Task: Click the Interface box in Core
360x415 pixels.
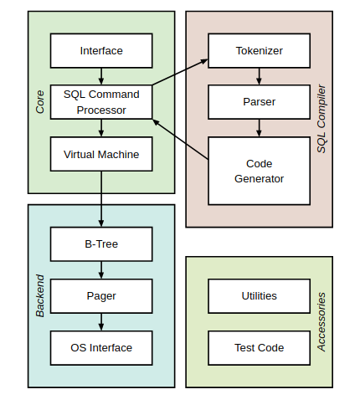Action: click(x=101, y=51)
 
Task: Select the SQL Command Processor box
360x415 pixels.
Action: click(x=101, y=102)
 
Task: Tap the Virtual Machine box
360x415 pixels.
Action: click(x=101, y=154)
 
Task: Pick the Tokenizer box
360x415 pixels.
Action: click(x=259, y=51)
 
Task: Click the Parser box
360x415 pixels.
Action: click(x=259, y=102)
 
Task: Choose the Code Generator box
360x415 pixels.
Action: click(x=259, y=171)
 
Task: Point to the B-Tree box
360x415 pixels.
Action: click(x=101, y=244)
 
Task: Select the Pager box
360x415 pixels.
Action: click(x=101, y=296)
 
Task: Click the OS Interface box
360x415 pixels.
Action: click(x=101, y=348)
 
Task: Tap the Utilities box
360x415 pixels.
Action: click(x=259, y=296)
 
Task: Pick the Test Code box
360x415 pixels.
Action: click(x=259, y=348)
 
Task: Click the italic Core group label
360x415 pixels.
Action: click(x=40, y=102)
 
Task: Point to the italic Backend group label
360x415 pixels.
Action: click(x=40, y=296)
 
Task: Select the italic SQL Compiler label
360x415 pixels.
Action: click(x=321, y=119)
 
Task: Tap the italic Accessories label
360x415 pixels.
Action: click(x=321, y=322)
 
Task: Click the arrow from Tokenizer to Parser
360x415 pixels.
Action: click(x=259, y=76)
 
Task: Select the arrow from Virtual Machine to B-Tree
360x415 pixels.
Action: click(x=101, y=199)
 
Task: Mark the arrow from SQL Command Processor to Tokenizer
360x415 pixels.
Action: click(x=180, y=72)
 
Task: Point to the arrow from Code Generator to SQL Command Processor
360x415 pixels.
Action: click(x=180, y=140)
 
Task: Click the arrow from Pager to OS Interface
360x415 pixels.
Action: click(x=101, y=322)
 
